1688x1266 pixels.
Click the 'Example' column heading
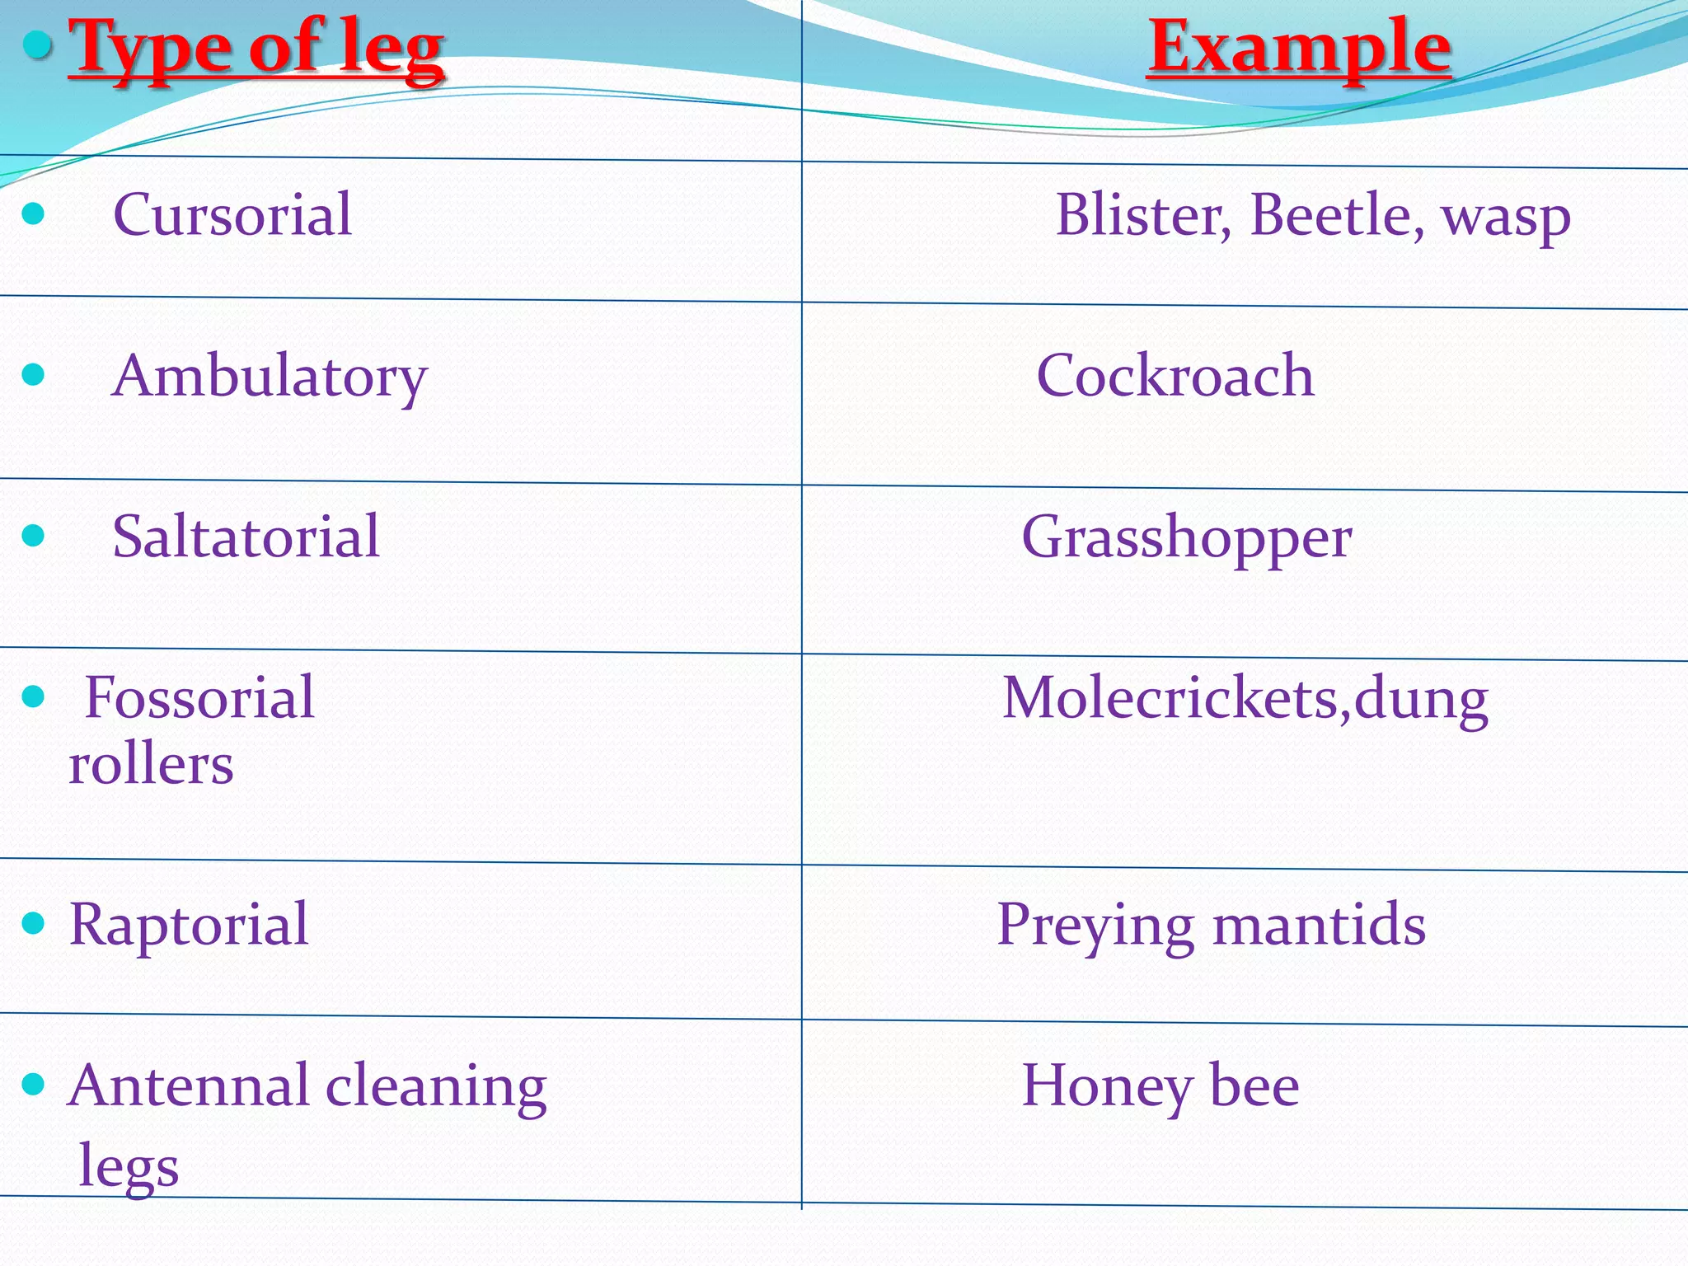coord(1299,47)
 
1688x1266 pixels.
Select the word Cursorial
coord(232,214)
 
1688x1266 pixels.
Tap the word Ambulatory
coord(270,376)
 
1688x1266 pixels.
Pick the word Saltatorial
coord(246,537)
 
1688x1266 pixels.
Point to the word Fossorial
coord(199,697)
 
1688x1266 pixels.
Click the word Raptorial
coord(189,924)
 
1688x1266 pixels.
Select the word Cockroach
coord(1175,376)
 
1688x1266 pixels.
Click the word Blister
coord(1144,215)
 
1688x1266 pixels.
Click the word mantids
coord(1319,924)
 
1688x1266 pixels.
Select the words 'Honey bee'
coord(1160,1086)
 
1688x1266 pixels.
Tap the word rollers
coord(151,764)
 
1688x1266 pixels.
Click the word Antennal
coord(189,1085)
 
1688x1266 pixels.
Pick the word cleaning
coord(436,1086)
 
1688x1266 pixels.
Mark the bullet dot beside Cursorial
coord(33,214)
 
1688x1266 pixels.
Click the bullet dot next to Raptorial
coord(33,922)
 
